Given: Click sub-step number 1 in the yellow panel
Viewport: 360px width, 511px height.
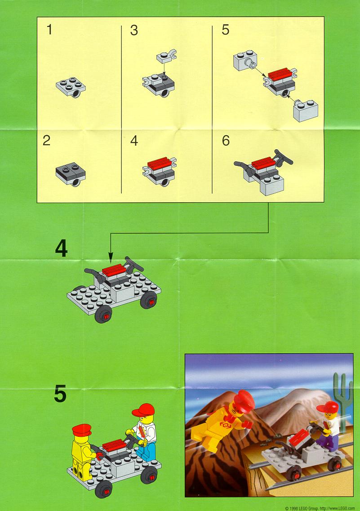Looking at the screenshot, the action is (49, 30).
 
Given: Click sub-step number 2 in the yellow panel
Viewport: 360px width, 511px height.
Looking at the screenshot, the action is (47, 141).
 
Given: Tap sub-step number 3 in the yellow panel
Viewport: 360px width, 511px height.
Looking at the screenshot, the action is (134, 30).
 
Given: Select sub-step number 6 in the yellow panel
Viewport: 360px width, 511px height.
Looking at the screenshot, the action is (226, 141).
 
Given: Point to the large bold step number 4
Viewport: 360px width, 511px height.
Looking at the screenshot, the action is (61, 249).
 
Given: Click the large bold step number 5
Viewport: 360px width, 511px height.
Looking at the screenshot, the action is (60, 394).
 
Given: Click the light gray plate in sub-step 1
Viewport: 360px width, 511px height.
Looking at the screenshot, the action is (71, 87).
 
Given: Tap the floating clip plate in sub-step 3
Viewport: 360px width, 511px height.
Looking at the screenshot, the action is (166, 56).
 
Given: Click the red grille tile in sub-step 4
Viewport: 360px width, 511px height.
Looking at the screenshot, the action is (159, 162).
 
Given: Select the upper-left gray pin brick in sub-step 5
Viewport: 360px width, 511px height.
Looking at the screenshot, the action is (245, 60).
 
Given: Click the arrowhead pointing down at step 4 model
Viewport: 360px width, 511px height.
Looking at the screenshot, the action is (111, 260).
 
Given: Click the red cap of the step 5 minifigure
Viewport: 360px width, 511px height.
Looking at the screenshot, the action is (143, 409).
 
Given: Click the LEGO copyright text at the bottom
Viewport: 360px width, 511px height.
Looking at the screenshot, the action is (320, 508).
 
